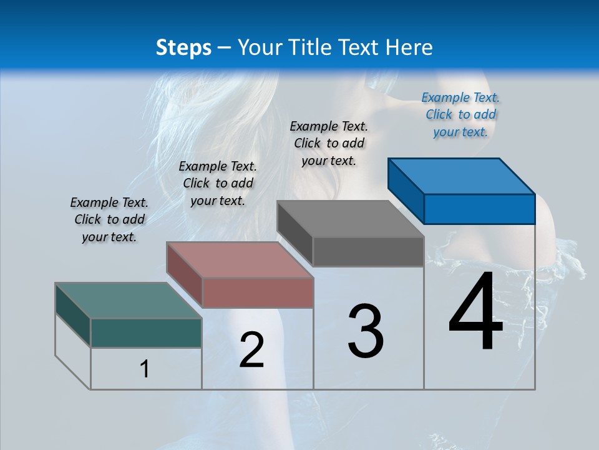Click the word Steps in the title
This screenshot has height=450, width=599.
(x=183, y=47)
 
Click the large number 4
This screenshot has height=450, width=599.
(x=475, y=313)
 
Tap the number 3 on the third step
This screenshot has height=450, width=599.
(x=366, y=331)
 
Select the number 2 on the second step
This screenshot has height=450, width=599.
(x=251, y=350)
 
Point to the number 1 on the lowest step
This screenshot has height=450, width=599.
(x=145, y=369)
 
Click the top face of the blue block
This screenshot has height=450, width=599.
(x=461, y=176)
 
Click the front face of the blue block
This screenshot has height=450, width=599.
(x=479, y=209)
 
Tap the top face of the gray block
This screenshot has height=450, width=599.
(x=350, y=218)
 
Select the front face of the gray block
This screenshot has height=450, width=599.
(x=368, y=251)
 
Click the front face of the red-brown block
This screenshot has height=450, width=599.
(x=258, y=292)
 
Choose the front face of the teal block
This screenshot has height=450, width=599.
(x=146, y=332)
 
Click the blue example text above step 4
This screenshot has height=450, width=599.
(x=460, y=114)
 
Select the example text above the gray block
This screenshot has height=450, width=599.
(x=329, y=143)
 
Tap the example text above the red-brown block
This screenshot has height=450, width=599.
(x=218, y=183)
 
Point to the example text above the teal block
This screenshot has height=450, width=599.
(x=109, y=219)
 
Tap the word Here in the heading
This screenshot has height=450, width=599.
(x=411, y=47)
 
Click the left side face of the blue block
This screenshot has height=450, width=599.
(x=406, y=191)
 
